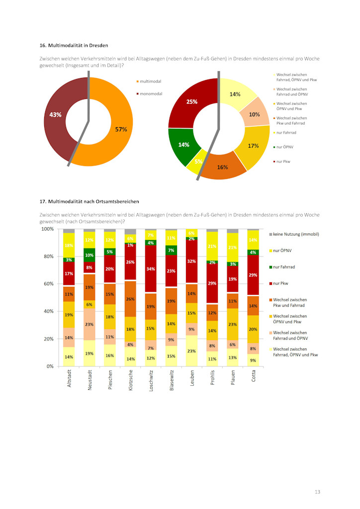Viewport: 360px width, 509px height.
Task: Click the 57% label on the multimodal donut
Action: [x=121, y=129]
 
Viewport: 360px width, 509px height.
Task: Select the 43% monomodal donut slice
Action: [x=56, y=115]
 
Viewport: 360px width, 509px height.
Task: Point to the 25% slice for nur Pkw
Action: [x=192, y=102]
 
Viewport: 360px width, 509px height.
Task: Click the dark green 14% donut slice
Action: [x=183, y=145]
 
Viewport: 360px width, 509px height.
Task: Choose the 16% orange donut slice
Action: [x=222, y=167]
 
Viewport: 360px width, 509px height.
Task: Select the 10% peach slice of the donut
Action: [x=254, y=114]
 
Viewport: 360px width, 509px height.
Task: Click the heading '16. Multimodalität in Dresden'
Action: [x=74, y=45]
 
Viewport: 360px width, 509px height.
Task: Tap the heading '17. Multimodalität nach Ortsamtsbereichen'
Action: [x=90, y=201]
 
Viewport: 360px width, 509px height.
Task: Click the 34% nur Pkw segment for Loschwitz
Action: [x=151, y=269]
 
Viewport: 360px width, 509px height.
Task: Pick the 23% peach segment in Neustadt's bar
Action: [x=90, y=324]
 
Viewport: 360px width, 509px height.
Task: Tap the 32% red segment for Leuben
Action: [x=191, y=261]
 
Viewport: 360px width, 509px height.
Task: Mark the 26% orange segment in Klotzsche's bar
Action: [x=130, y=299]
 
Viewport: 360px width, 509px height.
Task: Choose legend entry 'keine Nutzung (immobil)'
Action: [x=295, y=234]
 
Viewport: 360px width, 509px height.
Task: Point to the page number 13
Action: [x=317, y=492]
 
